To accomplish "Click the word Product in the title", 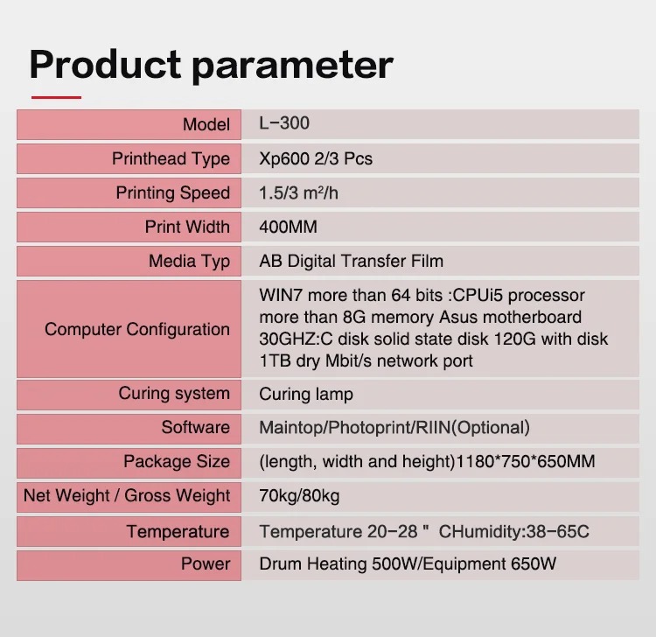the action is coord(105,66).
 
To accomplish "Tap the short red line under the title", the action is coord(56,97).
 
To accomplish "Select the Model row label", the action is coord(206,125).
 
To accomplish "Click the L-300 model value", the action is coord(284,123).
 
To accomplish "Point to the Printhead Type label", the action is coord(171,159).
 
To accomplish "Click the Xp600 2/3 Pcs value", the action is coord(316,159).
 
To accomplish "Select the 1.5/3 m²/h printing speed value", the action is coord(299,193).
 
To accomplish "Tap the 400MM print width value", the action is coord(289,227).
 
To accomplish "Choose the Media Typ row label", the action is coord(189,262).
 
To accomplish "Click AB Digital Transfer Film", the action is coord(351,261).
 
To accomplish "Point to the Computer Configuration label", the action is coord(137,329).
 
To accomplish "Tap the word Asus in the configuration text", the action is coord(458,318).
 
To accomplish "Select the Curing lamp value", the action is coord(306,395).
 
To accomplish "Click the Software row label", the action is coord(195,427).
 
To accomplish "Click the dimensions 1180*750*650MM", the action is coord(525,462).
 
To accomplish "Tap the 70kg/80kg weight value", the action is coord(299,496).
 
